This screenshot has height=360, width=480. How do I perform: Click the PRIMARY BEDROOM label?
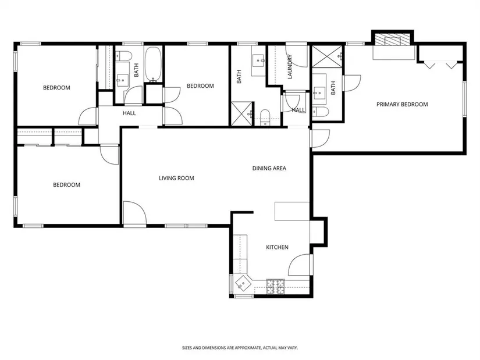click(x=402, y=104)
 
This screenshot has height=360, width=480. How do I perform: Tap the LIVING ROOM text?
click(x=176, y=178)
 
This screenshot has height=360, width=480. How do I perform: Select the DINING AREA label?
click(x=269, y=168)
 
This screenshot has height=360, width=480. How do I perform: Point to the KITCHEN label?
click(x=277, y=247)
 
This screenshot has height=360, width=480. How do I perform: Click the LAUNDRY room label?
click(x=290, y=67)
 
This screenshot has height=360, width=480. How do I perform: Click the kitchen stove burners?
click(x=276, y=287)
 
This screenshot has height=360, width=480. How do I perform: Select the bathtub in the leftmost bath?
click(x=153, y=65)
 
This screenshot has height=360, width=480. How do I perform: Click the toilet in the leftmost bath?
click(x=124, y=56)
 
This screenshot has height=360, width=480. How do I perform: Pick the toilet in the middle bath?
click(x=265, y=117)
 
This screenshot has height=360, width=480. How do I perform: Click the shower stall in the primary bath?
click(x=326, y=56)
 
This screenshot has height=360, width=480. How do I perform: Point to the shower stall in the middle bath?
click(x=242, y=114)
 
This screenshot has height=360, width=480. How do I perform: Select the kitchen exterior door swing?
click(x=300, y=265)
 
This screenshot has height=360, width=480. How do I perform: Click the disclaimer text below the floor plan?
click(x=240, y=348)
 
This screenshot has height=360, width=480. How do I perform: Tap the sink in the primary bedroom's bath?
click(x=319, y=91)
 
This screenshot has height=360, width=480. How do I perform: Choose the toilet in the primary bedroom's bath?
click(x=321, y=112)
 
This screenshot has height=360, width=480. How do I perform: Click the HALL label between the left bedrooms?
click(x=129, y=113)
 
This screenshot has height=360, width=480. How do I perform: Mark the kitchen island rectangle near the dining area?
click(x=291, y=211)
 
